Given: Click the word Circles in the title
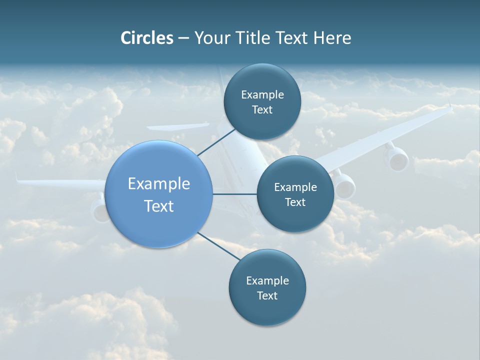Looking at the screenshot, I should [147, 38].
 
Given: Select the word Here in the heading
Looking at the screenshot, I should [332, 38].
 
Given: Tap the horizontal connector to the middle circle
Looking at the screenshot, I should [234, 194].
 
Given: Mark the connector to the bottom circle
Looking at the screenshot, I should [219, 246].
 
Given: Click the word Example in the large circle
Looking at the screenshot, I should [159, 183].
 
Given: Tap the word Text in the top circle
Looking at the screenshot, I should [262, 110].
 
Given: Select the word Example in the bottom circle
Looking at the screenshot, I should [267, 280].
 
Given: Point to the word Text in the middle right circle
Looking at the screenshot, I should [295, 202].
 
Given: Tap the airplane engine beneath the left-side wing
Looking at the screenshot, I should [99, 210].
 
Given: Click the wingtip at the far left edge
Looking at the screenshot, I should [17, 177].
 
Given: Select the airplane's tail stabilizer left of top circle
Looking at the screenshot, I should [177, 126].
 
